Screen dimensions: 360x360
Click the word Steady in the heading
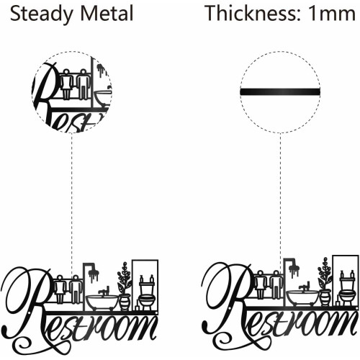41,14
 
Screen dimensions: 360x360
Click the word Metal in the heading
107,13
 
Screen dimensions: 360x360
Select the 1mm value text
332,14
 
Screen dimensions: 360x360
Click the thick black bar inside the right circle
280,91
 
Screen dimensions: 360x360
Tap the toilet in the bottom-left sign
146,292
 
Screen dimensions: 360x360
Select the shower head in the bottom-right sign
294,270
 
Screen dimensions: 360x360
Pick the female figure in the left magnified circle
66,84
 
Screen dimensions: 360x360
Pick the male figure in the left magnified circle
83,84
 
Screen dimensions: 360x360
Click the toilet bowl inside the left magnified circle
103,97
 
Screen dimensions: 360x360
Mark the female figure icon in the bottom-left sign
60,289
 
